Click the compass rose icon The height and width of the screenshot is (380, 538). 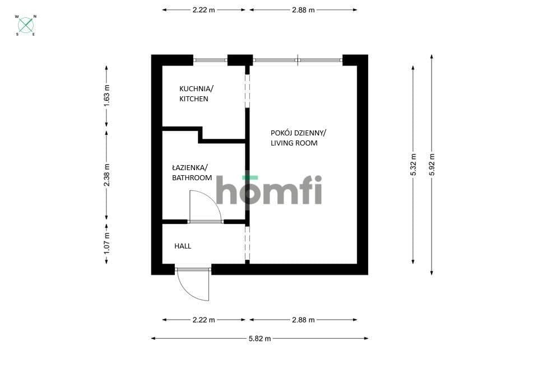click(x=26, y=25)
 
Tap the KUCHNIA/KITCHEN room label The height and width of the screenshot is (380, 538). click(x=196, y=93)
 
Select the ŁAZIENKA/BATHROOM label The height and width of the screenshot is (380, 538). click(x=192, y=173)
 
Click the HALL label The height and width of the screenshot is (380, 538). click(x=183, y=246)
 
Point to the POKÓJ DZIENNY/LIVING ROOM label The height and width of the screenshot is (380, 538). click(x=298, y=138)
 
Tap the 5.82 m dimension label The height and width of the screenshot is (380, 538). click(x=259, y=339)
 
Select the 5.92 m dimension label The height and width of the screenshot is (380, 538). click(x=432, y=165)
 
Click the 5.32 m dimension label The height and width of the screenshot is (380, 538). click(x=413, y=165)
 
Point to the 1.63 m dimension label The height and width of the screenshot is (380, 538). click(x=106, y=95)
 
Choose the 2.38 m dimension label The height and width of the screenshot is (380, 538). click(x=106, y=175)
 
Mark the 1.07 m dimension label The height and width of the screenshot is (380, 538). click(x=106, y=243)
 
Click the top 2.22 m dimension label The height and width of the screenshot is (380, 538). click(x=204, y=10)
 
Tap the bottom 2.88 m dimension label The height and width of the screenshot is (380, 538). click(x=303, y=320)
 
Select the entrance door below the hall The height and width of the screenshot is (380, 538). click(x=193, y=284)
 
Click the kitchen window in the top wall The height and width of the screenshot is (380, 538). click(x=210, y=60)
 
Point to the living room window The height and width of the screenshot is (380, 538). click(x=298, y=60)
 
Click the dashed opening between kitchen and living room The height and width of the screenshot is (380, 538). click(x=247, y=91)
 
